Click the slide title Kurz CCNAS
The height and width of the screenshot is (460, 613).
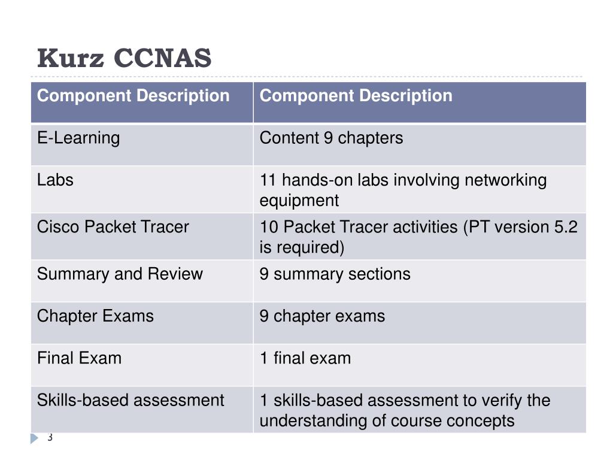coord(125,58)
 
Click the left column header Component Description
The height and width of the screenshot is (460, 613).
coord(133,95)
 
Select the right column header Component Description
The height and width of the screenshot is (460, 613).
coord(356,95)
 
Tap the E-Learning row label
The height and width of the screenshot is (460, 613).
coord(78,138)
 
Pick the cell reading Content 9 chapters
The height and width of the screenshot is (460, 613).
coord(331,138)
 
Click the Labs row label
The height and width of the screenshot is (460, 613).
coord(55,180)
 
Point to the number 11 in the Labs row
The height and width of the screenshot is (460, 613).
coord(268,180)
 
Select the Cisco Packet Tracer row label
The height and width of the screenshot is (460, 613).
coord(113,227)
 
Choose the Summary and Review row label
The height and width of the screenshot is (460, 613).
coord(120,274)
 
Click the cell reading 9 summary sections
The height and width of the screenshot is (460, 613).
coord(335,274)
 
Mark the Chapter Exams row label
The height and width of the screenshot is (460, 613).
coord(95,316)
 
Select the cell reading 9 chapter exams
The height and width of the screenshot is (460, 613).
coord(322,316)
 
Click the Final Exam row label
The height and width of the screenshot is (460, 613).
coord(80,358)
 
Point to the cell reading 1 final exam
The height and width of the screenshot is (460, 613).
coord(305,358)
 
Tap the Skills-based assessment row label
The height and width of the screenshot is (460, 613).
coord(131,400)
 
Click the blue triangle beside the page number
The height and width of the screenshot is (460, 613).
coord(34,438)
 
